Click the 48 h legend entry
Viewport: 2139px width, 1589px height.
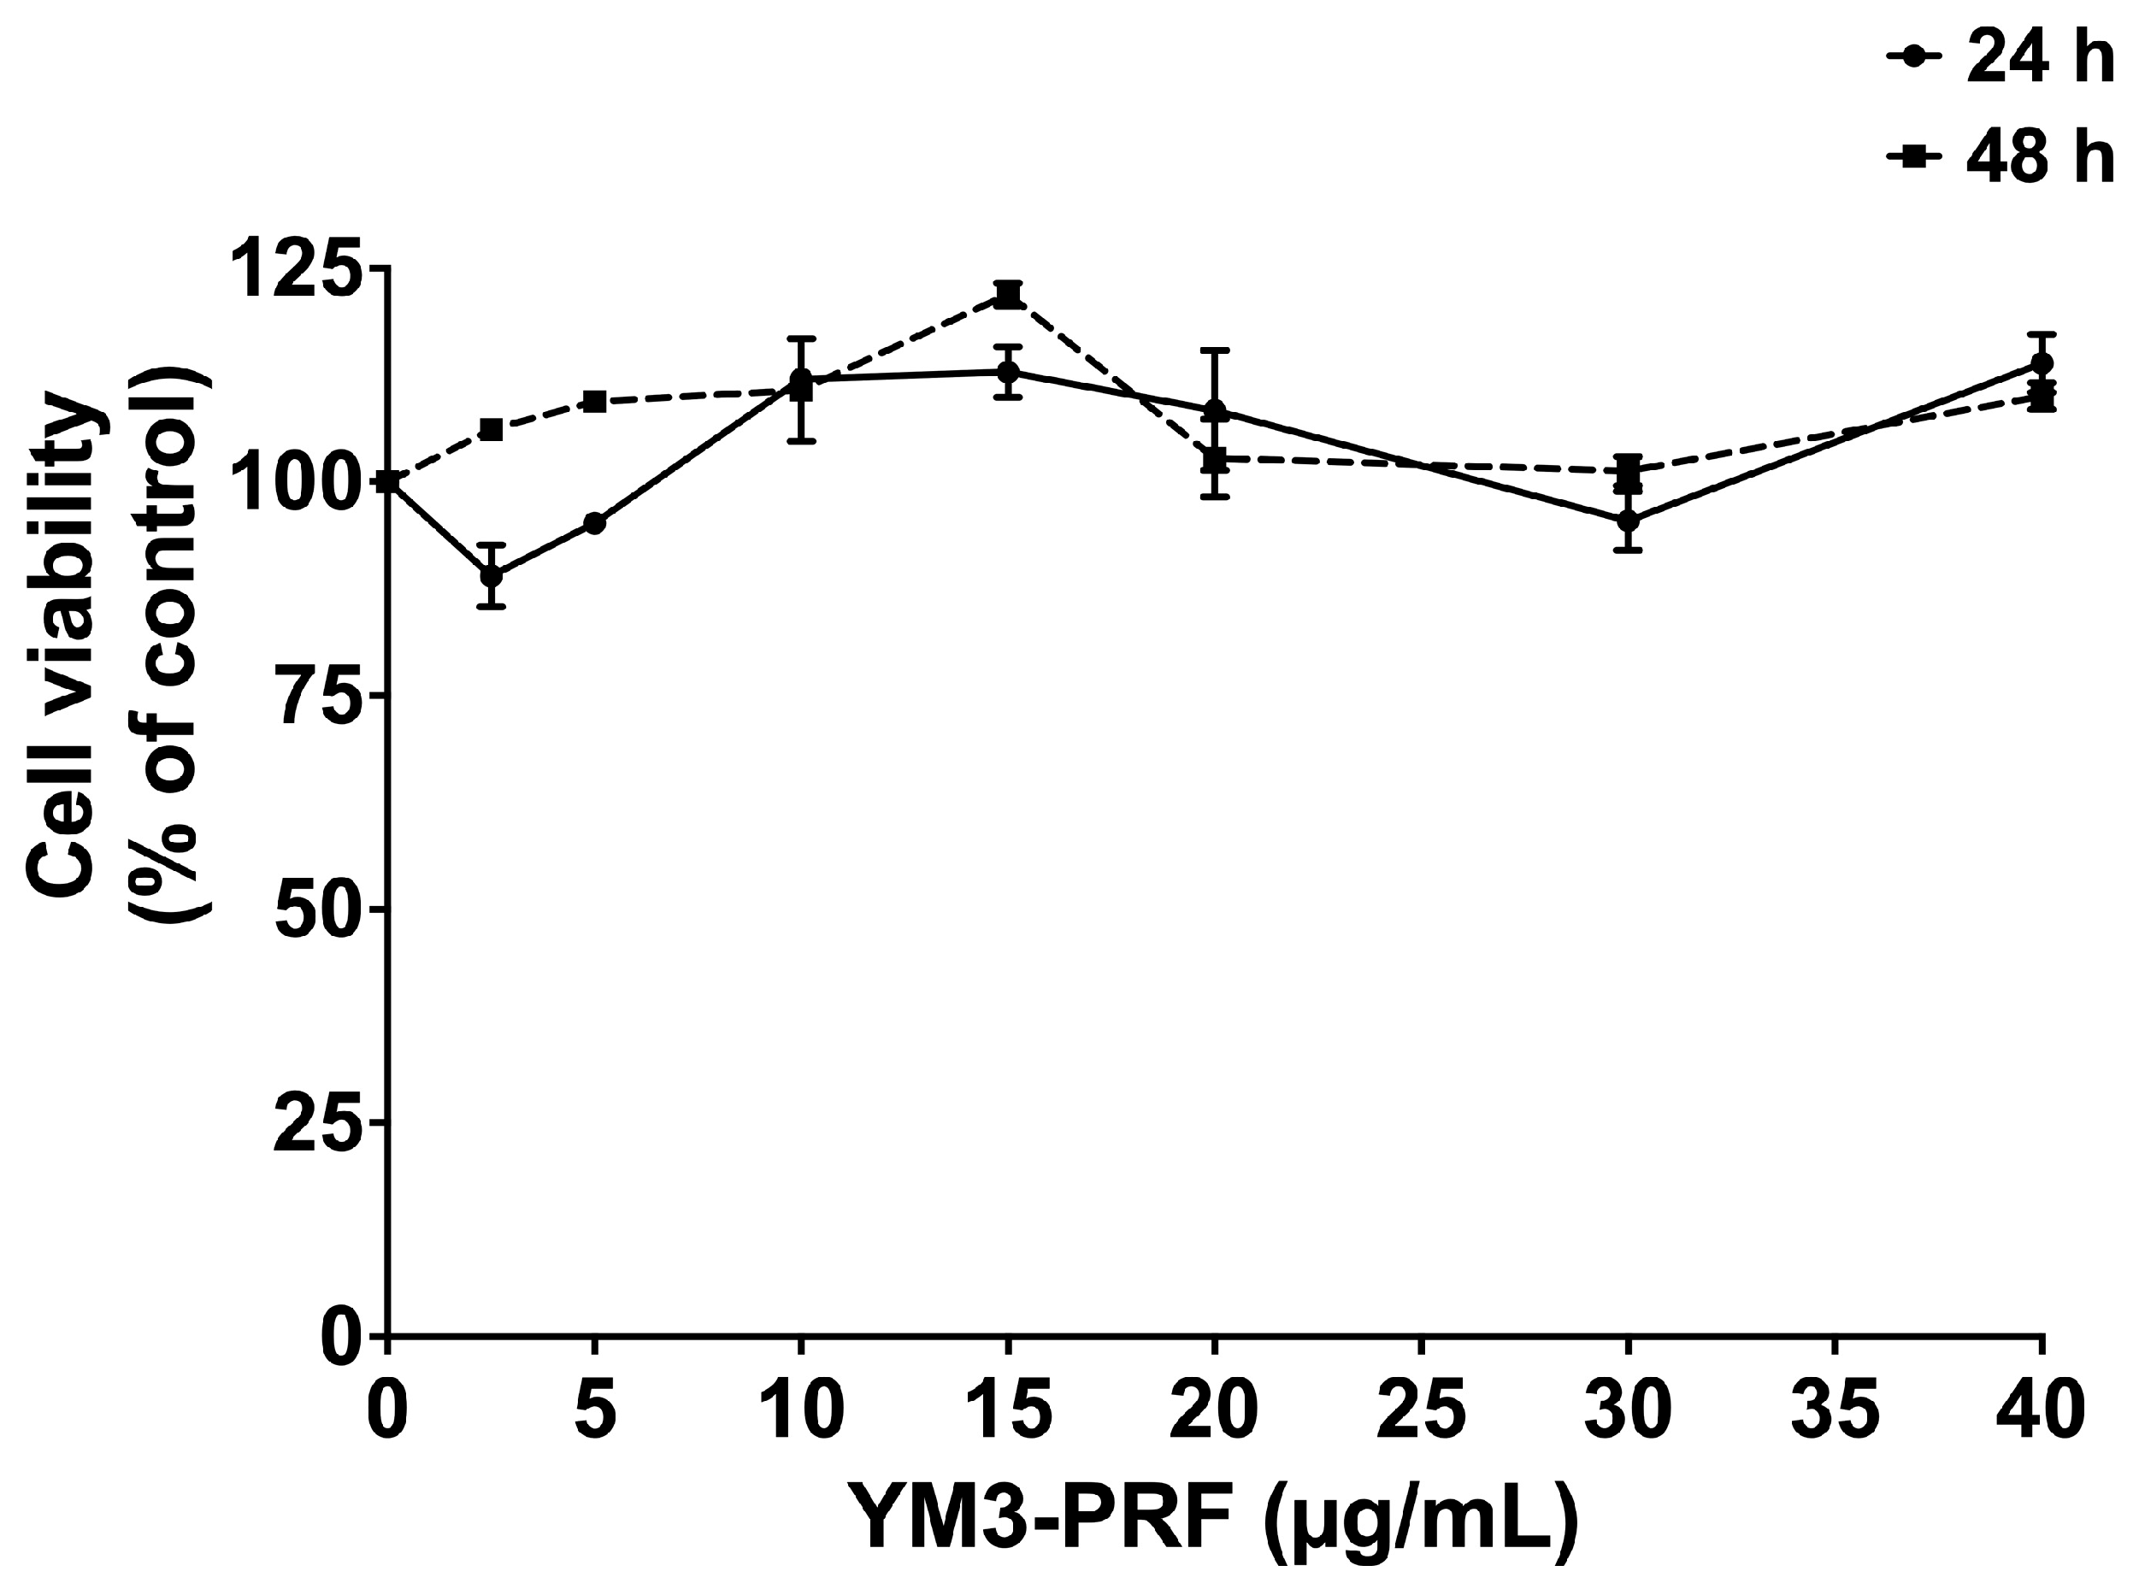pos(2001,158)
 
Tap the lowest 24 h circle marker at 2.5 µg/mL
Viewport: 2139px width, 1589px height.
pos(492,575)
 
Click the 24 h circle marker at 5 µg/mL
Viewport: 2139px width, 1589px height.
pos(594,523)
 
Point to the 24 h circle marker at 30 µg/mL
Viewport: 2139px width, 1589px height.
pos(1629,521)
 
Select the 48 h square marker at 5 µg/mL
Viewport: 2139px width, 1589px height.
pos(594,401)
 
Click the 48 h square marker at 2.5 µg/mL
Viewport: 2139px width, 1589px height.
pos(492,429)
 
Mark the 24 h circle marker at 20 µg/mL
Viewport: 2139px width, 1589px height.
pos(1215,412)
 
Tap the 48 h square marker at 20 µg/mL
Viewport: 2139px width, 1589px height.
pos(1215,459)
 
